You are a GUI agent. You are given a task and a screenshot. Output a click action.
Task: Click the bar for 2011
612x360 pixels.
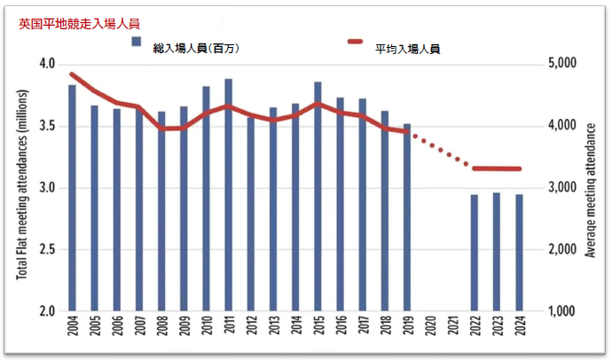228,195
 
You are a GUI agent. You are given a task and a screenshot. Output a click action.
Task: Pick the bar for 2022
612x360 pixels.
475,253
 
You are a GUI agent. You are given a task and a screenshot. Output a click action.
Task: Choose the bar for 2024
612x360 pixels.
519,253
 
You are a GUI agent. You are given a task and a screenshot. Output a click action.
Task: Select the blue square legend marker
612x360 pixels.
136,43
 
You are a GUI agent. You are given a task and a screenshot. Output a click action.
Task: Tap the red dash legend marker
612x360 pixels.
357,43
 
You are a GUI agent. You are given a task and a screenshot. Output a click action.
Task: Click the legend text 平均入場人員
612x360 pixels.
408,49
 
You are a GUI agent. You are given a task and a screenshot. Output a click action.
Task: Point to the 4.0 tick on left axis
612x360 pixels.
46,64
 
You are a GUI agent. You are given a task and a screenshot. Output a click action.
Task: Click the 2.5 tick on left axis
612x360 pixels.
46,249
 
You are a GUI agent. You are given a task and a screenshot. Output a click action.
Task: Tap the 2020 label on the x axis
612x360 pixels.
430,331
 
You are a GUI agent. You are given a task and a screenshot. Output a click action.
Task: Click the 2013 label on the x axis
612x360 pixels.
273,331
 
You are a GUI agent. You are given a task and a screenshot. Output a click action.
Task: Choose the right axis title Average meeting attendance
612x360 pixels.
592,188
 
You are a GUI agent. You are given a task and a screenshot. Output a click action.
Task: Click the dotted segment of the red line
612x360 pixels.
441,150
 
